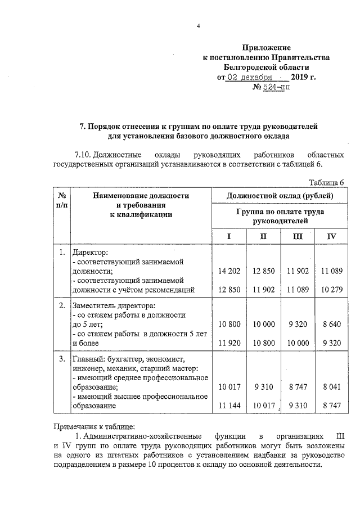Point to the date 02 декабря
(x=249, y=76)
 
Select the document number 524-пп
(x=269, y=87)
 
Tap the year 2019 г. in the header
(x=304, y=76)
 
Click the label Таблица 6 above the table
(x=327, y=183)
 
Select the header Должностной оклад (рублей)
(x=280, y=195)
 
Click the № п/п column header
(x=62, y=200)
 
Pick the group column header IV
(x=331, y=236)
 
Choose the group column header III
(x=298, y=236)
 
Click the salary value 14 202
(x=229, y=271)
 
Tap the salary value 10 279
(x=331, y=290)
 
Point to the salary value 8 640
(x=331, y=323)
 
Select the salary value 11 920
(x=229, y=343)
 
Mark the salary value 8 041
(x=331, y=386)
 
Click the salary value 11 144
(x=229, y=406)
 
